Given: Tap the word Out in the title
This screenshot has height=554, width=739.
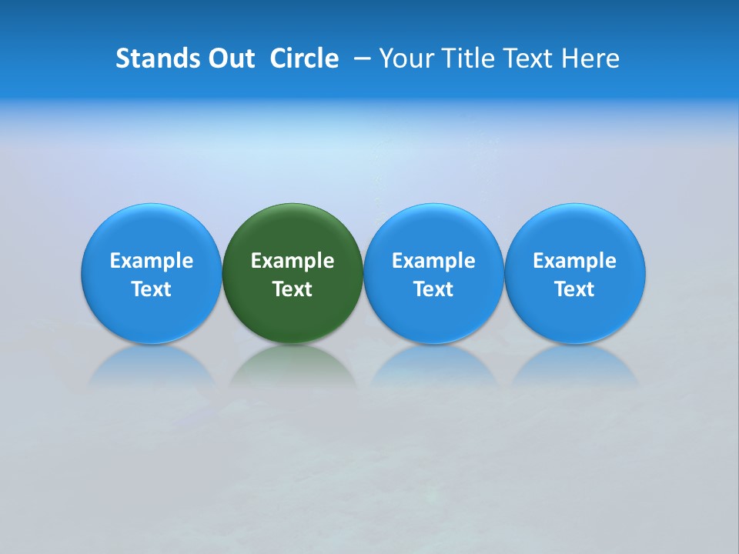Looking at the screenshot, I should click(229, 58).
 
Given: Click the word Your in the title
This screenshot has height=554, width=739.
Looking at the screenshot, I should click(406, 58).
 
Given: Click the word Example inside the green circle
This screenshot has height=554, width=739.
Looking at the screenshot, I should click(293, 261).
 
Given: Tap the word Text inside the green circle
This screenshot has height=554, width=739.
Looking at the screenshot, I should click(293, 289).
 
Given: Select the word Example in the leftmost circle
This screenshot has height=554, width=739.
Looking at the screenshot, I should click(152, 261).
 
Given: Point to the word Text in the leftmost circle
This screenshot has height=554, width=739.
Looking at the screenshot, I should click(152, 289).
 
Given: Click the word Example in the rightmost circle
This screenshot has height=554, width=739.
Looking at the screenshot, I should click(574, 261).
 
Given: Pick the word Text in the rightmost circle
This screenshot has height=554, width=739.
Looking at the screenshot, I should click(574, 289).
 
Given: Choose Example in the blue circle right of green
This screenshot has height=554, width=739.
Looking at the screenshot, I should click(433, 261).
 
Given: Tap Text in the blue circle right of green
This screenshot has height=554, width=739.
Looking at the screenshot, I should click(433, 289).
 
